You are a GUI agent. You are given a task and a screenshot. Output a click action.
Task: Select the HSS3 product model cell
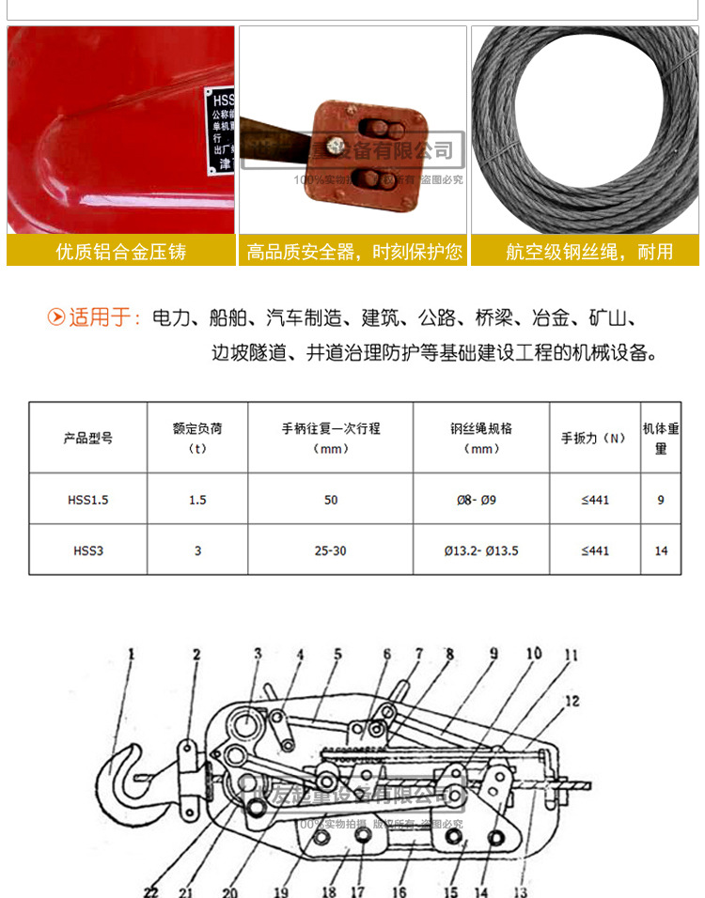click(x=87, y=550)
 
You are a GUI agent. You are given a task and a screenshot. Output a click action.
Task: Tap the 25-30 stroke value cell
click(x=330, y=550)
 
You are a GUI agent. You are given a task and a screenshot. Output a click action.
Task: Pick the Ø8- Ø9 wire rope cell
click(x=481, y=500)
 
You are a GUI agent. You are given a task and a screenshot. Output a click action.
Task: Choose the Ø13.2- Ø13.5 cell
click(x=481, y=550)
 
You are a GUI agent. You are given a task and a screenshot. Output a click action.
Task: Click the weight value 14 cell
click(x=661, y=550)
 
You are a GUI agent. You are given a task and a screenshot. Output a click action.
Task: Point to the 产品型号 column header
click(x=87, y=438)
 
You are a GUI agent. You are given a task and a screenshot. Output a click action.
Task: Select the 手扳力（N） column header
click(x=593, y=438)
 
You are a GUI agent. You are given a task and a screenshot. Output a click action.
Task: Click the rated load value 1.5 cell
click(x=197, y=500)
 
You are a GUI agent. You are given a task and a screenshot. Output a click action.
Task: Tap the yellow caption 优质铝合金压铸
click(x=121, y=251)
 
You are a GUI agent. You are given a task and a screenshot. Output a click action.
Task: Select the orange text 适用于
click(x=102, y=317)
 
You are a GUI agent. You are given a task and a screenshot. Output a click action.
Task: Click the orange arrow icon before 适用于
click(x=56, y=317)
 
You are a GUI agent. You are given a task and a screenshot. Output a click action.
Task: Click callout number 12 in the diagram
click(x=572, y=701)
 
